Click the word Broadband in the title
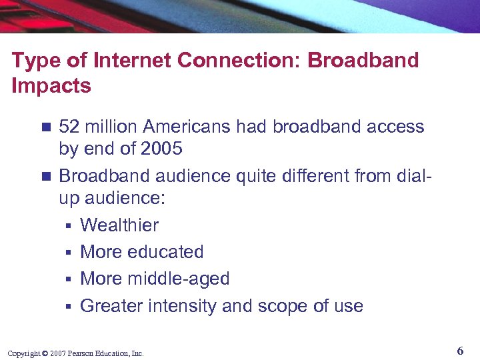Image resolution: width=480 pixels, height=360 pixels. tap(363, 60)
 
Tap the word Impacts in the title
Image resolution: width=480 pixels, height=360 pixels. tap(51, 86)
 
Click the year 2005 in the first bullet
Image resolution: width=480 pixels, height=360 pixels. tap(161, 149)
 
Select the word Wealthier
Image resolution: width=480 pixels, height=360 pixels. tap(119, 225)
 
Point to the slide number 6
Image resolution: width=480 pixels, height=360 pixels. tap(461, 350)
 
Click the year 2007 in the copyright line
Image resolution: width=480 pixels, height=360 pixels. tap(57, 353)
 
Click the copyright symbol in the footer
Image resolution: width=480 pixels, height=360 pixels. tap(45, 353)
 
